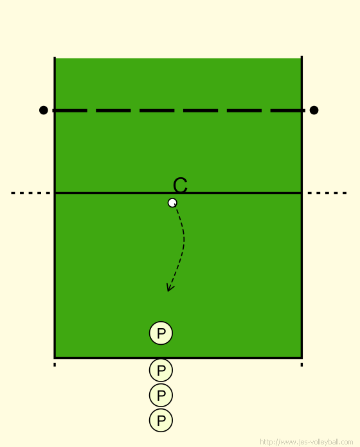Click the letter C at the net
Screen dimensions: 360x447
pos(180,185)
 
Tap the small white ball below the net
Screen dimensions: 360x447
pos(172,203)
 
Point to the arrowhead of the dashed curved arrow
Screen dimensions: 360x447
pos(170,288)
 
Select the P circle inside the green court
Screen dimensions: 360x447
pos(161,333)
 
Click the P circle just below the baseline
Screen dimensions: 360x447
pos(161,370)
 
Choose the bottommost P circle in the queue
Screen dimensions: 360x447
pos(161,420)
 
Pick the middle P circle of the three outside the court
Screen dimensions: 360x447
pos(161,395)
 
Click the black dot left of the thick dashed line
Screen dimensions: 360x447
pos(43,110)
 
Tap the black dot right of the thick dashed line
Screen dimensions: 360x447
pos(314,110)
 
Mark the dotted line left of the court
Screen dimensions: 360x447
pos(30,193)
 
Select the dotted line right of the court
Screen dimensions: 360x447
pos(327,193)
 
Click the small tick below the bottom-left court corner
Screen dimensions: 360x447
pos(55,365)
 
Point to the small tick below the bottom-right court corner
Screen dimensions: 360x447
pos(301,365)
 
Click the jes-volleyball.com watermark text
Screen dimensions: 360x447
pos(307,442)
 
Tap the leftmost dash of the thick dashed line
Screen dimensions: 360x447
pos(70,110)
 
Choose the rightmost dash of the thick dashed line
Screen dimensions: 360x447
pos(287,110)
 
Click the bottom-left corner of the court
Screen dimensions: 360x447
pos(55,358)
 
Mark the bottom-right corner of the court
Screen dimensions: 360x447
pos(301,358)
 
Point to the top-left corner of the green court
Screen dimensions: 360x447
pos(55,58)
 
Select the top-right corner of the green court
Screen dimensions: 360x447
pos(301,58)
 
